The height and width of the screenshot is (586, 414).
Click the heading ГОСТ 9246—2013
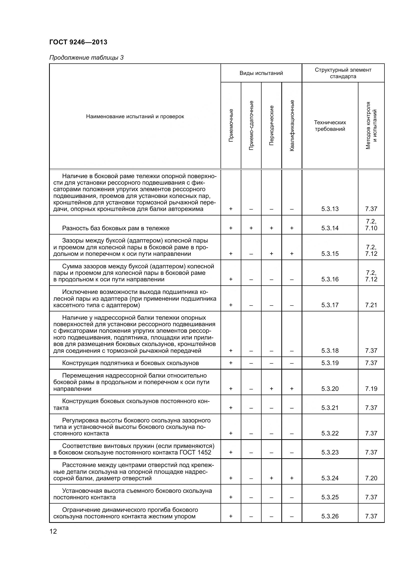(78, 42)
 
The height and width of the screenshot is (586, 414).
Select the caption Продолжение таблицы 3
(86, 58)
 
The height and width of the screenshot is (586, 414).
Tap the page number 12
(53, 531)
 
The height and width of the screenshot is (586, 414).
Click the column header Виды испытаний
(261, 73)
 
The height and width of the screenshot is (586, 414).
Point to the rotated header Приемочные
(231, 125)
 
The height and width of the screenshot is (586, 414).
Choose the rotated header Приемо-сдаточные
(251, 125)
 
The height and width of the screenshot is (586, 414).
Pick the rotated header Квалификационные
(292, 125)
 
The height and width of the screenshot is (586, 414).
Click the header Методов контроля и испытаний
(371, 125)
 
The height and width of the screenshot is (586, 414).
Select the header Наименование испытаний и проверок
(135, 117)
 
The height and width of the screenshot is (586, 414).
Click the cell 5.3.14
(330, 228)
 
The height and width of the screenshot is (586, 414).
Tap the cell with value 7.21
(371, 305)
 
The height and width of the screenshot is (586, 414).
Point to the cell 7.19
(371, 389)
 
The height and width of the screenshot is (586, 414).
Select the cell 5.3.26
(330, 516)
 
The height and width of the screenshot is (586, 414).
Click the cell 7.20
(371, 478)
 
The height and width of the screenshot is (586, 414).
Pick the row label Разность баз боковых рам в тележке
(116, 228)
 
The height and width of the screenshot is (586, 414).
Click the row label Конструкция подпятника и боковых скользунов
(130, 363)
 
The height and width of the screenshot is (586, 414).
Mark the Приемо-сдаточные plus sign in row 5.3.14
(251, 228)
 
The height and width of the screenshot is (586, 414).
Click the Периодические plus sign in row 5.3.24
(272, 478)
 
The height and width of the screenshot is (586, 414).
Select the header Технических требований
(330, 126)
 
